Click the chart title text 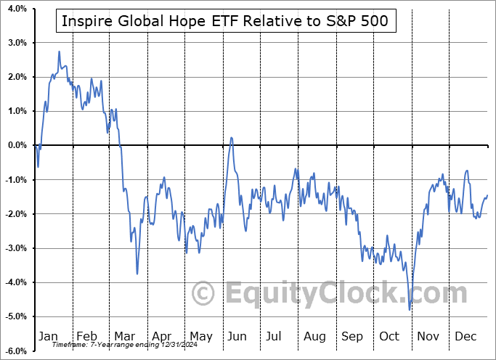(226, 21)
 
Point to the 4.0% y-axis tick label (17, 9)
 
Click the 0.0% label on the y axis (17, 145)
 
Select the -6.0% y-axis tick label (15, 351)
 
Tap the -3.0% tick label (15, 248)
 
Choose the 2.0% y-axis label (17, 77)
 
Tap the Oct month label (389, 337)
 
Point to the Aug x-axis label (314, 337)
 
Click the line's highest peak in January (59, 52)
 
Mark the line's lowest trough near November (410, 310)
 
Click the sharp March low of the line (137, 274)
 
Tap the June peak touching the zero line (231, 137)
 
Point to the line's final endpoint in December (487, 195)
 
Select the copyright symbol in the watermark (203, 294)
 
